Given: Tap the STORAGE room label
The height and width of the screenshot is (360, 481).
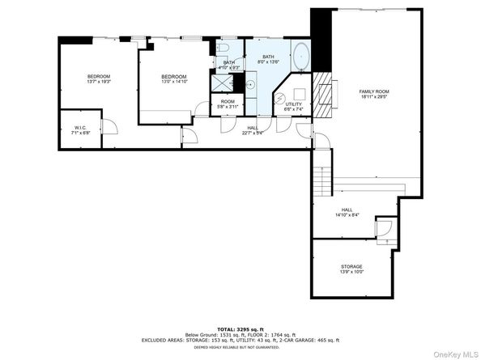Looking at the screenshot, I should pos(351,266).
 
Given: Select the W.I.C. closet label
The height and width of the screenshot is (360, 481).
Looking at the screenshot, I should pos(80,127).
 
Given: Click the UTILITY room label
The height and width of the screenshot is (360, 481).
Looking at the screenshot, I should pos(293,104).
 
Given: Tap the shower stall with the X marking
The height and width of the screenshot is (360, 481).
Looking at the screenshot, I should pos(221,83).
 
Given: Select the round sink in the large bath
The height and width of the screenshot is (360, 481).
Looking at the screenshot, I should pos(251,83).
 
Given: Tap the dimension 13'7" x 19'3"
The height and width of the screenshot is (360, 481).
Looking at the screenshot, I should pos(98,82).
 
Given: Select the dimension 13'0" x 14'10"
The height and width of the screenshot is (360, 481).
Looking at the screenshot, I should pos(173,82).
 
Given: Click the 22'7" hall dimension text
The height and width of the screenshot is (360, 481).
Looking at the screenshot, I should pos(253,133).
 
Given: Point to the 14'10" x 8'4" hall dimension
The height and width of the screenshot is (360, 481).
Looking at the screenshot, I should pos(351,215).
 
